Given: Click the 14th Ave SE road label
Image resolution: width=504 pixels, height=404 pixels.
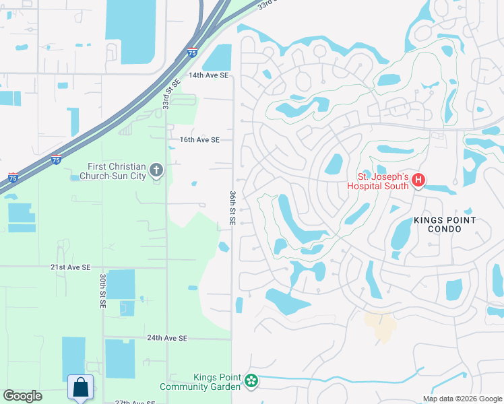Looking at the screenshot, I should coord(208,75).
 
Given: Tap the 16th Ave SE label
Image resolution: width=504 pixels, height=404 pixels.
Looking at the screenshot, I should coord(199,140).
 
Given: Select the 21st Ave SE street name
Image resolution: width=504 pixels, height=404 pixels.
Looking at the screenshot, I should coord(70,267).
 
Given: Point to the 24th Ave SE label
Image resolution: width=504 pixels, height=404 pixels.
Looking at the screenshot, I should coord(166,338).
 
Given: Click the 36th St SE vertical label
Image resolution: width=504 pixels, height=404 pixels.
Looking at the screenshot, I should coord(232,208).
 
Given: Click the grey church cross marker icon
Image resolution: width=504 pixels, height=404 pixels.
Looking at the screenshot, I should coord(156,170).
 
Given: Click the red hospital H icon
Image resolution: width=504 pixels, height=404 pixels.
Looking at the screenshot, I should coord(418,180).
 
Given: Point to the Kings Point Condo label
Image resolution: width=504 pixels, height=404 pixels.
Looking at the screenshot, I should coord(445,225).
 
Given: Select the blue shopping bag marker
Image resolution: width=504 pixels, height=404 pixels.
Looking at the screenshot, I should coord(80,388).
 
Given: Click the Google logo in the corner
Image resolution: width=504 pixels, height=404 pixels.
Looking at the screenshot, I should coord(22,396).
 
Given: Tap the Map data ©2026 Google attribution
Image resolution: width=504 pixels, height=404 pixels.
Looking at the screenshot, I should coord(462,399).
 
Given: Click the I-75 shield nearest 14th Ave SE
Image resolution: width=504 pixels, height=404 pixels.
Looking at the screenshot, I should coord(193,52).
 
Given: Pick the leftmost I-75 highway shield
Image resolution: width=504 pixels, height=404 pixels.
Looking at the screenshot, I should coord(13,178).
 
